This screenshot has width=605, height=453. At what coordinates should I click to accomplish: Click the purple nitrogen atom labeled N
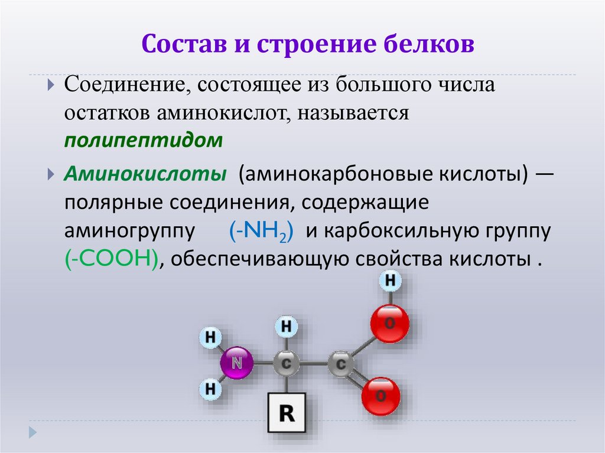coord(237,362)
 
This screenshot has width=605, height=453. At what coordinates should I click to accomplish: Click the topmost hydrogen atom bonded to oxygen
coord(390,281)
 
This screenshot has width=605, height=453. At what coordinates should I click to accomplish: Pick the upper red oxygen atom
coord(389,324)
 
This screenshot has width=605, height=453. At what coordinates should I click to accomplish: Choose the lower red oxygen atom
coord(380,395)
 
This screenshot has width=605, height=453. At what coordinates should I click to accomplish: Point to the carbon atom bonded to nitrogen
coord(287,363)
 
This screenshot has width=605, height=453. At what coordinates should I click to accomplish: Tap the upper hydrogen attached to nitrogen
coord(210,338)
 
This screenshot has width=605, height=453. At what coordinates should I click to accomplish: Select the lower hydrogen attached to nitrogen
coord(210,388)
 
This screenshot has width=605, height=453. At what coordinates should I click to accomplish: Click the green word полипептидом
coord(144,141)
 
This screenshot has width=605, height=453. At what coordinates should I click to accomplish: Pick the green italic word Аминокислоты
coord(146,174)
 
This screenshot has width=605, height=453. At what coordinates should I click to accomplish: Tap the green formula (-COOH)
coord(111,259)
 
